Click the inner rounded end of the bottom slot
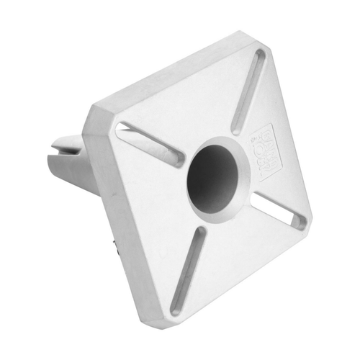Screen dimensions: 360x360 (199, 233)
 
